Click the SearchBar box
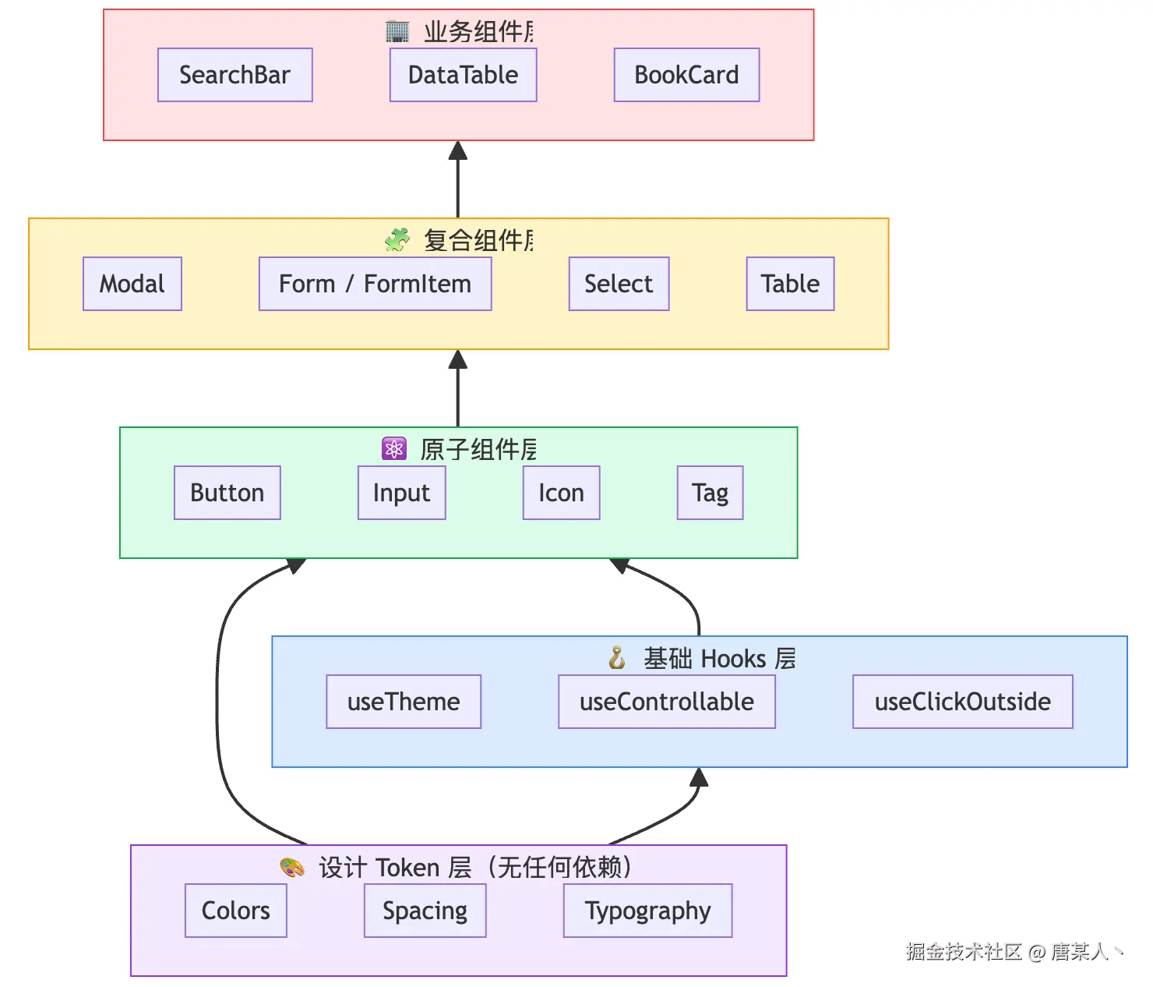coord(234,75)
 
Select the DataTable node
coord(463,75)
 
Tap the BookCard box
coord(686,75)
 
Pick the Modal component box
coord(132,284)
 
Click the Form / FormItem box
coord(375,284)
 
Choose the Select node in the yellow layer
coord(619,284)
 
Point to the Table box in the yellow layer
coord(791,284)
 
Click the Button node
coord(227,493)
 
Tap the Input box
coord(402,493)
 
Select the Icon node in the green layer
coord(561,493)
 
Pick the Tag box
coord(710,493)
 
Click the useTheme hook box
coord(404,702)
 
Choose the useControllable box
coord(667,702)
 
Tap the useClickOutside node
coord(962,702)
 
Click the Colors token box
coord(235,911)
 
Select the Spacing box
coord(425,911)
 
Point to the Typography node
coord(647,911)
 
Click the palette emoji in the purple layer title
coord(291,868)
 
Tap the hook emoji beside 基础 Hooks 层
coord(617,658)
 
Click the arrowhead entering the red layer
coord(458,150)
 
